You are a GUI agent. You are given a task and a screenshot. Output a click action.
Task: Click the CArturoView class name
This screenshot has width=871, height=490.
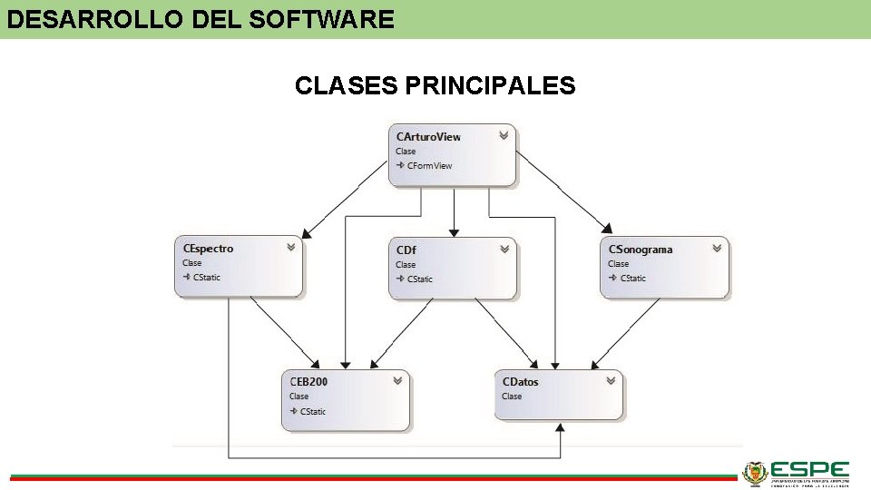(428, 137)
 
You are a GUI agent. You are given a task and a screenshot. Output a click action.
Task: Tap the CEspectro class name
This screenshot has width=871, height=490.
(208, 249)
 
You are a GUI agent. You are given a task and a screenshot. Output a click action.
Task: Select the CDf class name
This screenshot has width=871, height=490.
(406, 250)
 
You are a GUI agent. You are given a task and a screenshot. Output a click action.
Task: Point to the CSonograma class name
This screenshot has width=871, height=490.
(641, 250)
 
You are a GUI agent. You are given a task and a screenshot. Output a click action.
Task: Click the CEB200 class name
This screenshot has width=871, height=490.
(308, 382)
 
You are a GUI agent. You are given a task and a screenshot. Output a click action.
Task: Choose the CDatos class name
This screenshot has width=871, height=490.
(520, 382)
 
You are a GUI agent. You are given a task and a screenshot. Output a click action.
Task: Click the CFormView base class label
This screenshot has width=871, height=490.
(429, 166)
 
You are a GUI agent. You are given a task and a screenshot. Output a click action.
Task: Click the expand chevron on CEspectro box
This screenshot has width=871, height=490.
(291, 247)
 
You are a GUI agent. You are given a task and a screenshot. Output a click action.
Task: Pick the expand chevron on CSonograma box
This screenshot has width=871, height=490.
(717, 248)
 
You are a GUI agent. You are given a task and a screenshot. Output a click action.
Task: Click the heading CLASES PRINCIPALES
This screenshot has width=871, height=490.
(435, 86)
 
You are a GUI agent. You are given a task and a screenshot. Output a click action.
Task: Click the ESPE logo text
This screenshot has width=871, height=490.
(809, 471)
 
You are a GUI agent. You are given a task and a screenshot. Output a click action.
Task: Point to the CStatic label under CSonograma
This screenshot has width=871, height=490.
(632, 279)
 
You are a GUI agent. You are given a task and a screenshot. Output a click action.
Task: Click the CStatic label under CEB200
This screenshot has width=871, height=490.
(313, 412)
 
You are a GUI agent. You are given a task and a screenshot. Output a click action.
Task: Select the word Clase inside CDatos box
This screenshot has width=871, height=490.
(512, 397)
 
